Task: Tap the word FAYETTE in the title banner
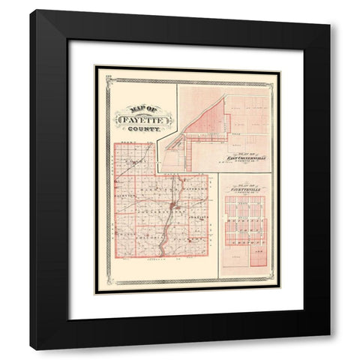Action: (x=142, y=117)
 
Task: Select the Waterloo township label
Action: (x=196, y=190)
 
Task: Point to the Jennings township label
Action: (x=197, y=217)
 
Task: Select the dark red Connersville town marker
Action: (x=174, y=205)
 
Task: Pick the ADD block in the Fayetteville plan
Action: (x=259, y=253)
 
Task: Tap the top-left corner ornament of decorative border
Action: (x=97, y=69)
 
